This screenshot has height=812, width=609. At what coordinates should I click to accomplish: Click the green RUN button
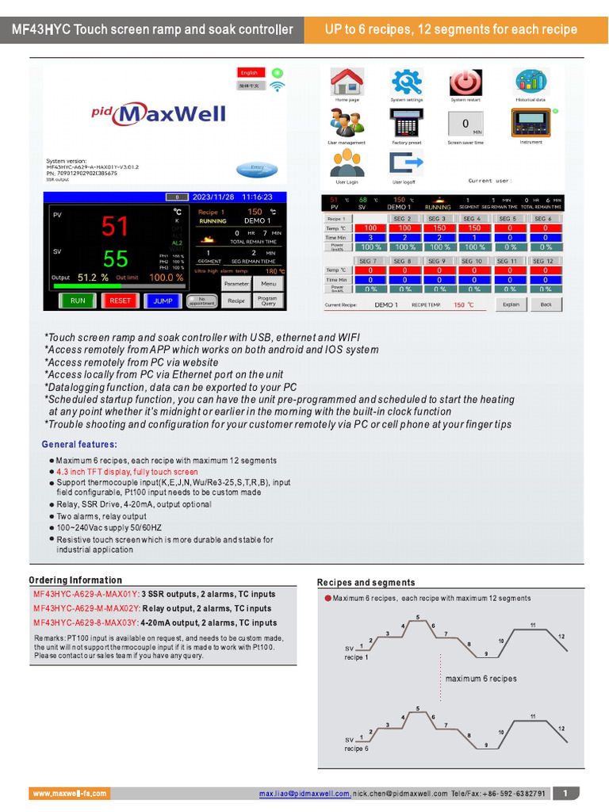point(78,301)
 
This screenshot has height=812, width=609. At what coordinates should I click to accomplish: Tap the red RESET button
point(121,301)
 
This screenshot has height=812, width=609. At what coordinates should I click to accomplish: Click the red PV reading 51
point(115,227)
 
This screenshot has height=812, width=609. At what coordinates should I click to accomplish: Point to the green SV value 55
point(115,259)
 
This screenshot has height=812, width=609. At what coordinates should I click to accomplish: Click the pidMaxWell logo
point(159,113)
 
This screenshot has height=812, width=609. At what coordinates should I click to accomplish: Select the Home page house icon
point(347,82)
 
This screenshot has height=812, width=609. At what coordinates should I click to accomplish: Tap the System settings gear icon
point(407,82)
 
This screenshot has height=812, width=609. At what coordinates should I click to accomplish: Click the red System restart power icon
point(466,82)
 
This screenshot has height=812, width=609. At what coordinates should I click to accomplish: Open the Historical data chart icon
point(530,81)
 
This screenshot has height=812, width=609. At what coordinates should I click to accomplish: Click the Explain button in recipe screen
point(511,304)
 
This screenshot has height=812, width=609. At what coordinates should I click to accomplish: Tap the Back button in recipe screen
point(546,304)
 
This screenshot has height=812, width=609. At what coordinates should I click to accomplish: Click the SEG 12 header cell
point(543,261)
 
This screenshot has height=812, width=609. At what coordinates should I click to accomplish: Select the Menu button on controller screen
point(269,283)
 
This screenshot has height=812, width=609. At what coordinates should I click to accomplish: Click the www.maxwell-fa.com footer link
point(70,794)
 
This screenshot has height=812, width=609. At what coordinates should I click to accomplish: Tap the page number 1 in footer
point(565,794)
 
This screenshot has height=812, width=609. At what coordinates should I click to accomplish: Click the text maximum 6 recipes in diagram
point(481,679)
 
